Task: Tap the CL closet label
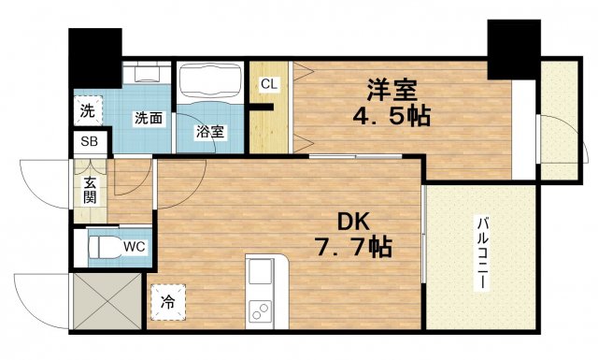tap(269, 84)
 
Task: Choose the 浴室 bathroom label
tap(209, 132)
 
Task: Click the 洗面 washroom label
tap(149, 119)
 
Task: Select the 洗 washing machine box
tap(86, 110)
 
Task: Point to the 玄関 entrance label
tap(91, 191)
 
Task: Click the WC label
tap(135, 248)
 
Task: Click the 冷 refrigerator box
tap(168, 302)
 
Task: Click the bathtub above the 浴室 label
tap(210, 81)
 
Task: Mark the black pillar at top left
tap(96, 57)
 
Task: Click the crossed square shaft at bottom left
tap(107, 302)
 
